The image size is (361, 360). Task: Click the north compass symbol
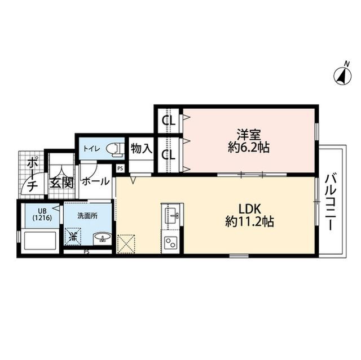coord(343,75)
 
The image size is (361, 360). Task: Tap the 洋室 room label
coord(249,135)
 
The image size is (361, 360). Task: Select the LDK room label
coord(249,209)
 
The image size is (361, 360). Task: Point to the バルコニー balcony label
coord(330,202)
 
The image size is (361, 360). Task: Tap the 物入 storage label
coord(142,149)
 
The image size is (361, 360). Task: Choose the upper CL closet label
coord(169,120)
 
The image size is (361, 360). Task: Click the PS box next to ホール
coord(120,168)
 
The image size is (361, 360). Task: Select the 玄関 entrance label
coord(62,183)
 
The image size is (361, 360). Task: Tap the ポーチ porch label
coord(32,175)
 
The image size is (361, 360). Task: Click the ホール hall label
coord(95,181)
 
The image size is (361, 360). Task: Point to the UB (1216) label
coord(42,214)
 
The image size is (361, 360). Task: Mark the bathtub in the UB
coord(40,241)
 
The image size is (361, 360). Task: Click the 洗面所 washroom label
coord(87,216)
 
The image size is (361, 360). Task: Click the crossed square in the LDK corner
coord(126,244)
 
